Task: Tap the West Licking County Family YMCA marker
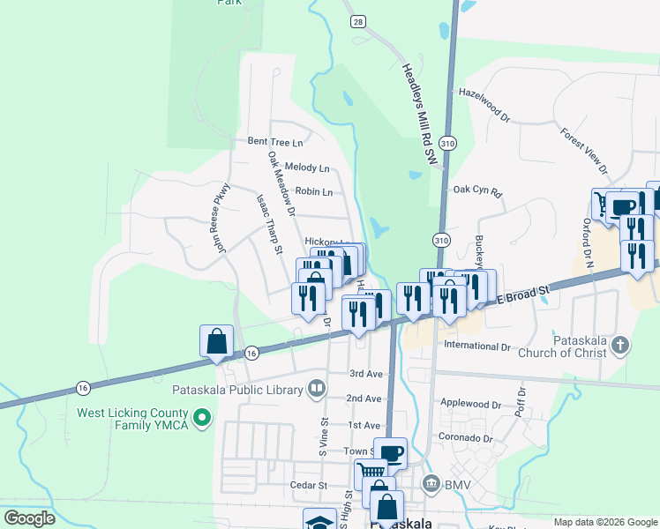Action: pyautogui.click(x=202, y=416)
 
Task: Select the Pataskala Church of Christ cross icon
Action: pyautogui.click(x=620, y=345)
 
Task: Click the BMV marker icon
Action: pyautogui.click(x=431, y=483)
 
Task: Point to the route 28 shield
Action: pyautogui.click(x=356, y=20)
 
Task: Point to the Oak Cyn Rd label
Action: pyautogui.click(x=476, y=190)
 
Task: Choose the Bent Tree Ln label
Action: pyautogui.click(x=274, y=141)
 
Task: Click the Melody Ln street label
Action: pyautogui.click(x=306, y=168)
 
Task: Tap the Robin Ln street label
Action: pyautogui.click(x=314, y=191)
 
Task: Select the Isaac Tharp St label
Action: pyautogui.click(x=268, y=226)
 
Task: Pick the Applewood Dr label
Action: pyautogui.click(x=470, y=406)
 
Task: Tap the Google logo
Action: pyautogui.click(x=29, y=518)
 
